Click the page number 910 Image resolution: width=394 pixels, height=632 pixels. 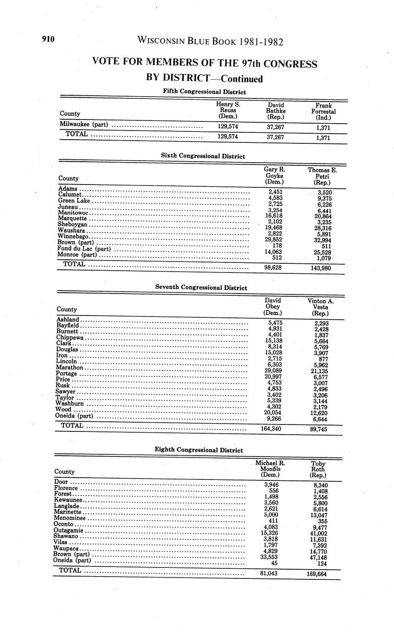click(48, 39)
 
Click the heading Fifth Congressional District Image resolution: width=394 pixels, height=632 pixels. click(204, 92)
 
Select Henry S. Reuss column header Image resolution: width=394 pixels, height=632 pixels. click(228, 111)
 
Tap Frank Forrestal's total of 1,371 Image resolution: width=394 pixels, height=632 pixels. click(323, 137)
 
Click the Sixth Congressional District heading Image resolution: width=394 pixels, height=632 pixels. click(203, 156)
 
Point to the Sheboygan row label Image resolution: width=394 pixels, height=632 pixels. click(72, 225)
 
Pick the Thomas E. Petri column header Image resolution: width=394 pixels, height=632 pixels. click(322, 176)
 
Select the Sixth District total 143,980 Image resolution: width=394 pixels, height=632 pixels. click(321, 268)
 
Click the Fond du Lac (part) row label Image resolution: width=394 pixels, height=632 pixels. click(84, 249)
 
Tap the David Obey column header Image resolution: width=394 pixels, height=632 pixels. click(272, 306)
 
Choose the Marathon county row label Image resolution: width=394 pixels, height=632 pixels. click(70, 367)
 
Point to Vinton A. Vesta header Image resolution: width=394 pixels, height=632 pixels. click(320, 307)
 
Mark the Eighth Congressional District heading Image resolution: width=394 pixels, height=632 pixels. click(199, 450)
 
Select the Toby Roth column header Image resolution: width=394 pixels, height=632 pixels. click(318, 469)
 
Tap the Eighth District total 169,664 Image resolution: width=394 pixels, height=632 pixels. click(316, 573)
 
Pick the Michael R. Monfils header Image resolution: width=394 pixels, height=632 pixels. click(270, 469)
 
